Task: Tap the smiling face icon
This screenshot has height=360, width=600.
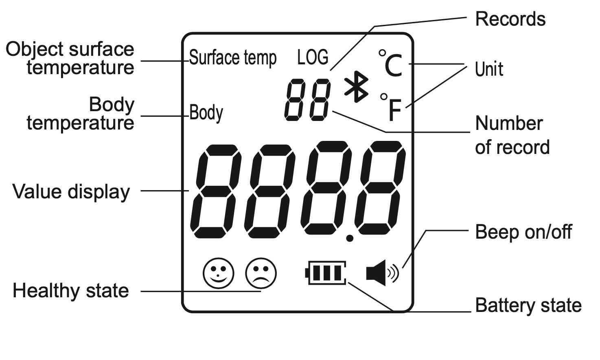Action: (x=219, y=273)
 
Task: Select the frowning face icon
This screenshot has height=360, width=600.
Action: (x=261, y=273)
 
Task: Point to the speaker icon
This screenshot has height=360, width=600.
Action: (x=382, y=273)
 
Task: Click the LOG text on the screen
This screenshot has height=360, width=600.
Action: (x=313, y=57)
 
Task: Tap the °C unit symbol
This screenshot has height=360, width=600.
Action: (x=390, y=64)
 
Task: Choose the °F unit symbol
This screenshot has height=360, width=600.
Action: (x=391, y=108)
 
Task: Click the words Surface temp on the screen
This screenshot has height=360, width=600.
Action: (x=233, y=58)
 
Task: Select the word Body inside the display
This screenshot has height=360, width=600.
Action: (x=206, y=112)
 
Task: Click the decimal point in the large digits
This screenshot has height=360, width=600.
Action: (x=349, y=238)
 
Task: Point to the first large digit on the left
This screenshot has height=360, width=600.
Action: (x=216, y=191)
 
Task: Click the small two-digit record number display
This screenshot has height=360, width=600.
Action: (x=307, y=100)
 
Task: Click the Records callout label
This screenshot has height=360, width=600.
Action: (x=510, y=19)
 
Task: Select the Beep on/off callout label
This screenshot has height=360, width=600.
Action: (x=523, y=232)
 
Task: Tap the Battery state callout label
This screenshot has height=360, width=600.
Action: (x=528, y=305)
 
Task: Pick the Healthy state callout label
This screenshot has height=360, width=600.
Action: (x=71, y=291)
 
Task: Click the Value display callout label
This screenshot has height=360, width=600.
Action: (x=71, y=191)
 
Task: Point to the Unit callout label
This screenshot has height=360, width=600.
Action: (x=489, y=69)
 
